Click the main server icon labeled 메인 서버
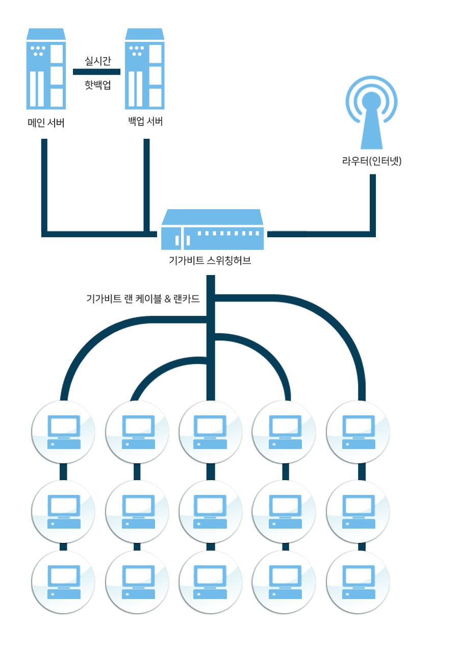[x=46, y=69]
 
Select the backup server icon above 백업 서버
[x=145, y=69]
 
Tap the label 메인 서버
[x=46, y=123]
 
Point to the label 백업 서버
[x=145, y=121]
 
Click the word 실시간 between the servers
[x=97, y=61]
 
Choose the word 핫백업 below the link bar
[x=97, y=85]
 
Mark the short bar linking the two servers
[x=97, y=72]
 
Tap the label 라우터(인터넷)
[x=372, y=161]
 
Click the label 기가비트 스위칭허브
[x=210, y=261]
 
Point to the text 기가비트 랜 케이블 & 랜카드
[x=143, y=299]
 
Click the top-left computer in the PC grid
[x=64, y=432]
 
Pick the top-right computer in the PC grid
[x=358, y=432]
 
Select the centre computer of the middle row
[x=210, y=512]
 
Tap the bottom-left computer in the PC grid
[x=64, y=582]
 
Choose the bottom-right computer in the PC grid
[x=358, y=582]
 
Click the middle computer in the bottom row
[x=210, y=582]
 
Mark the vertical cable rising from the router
[x=373, y=204]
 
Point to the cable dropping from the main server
[x=44, y=184]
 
